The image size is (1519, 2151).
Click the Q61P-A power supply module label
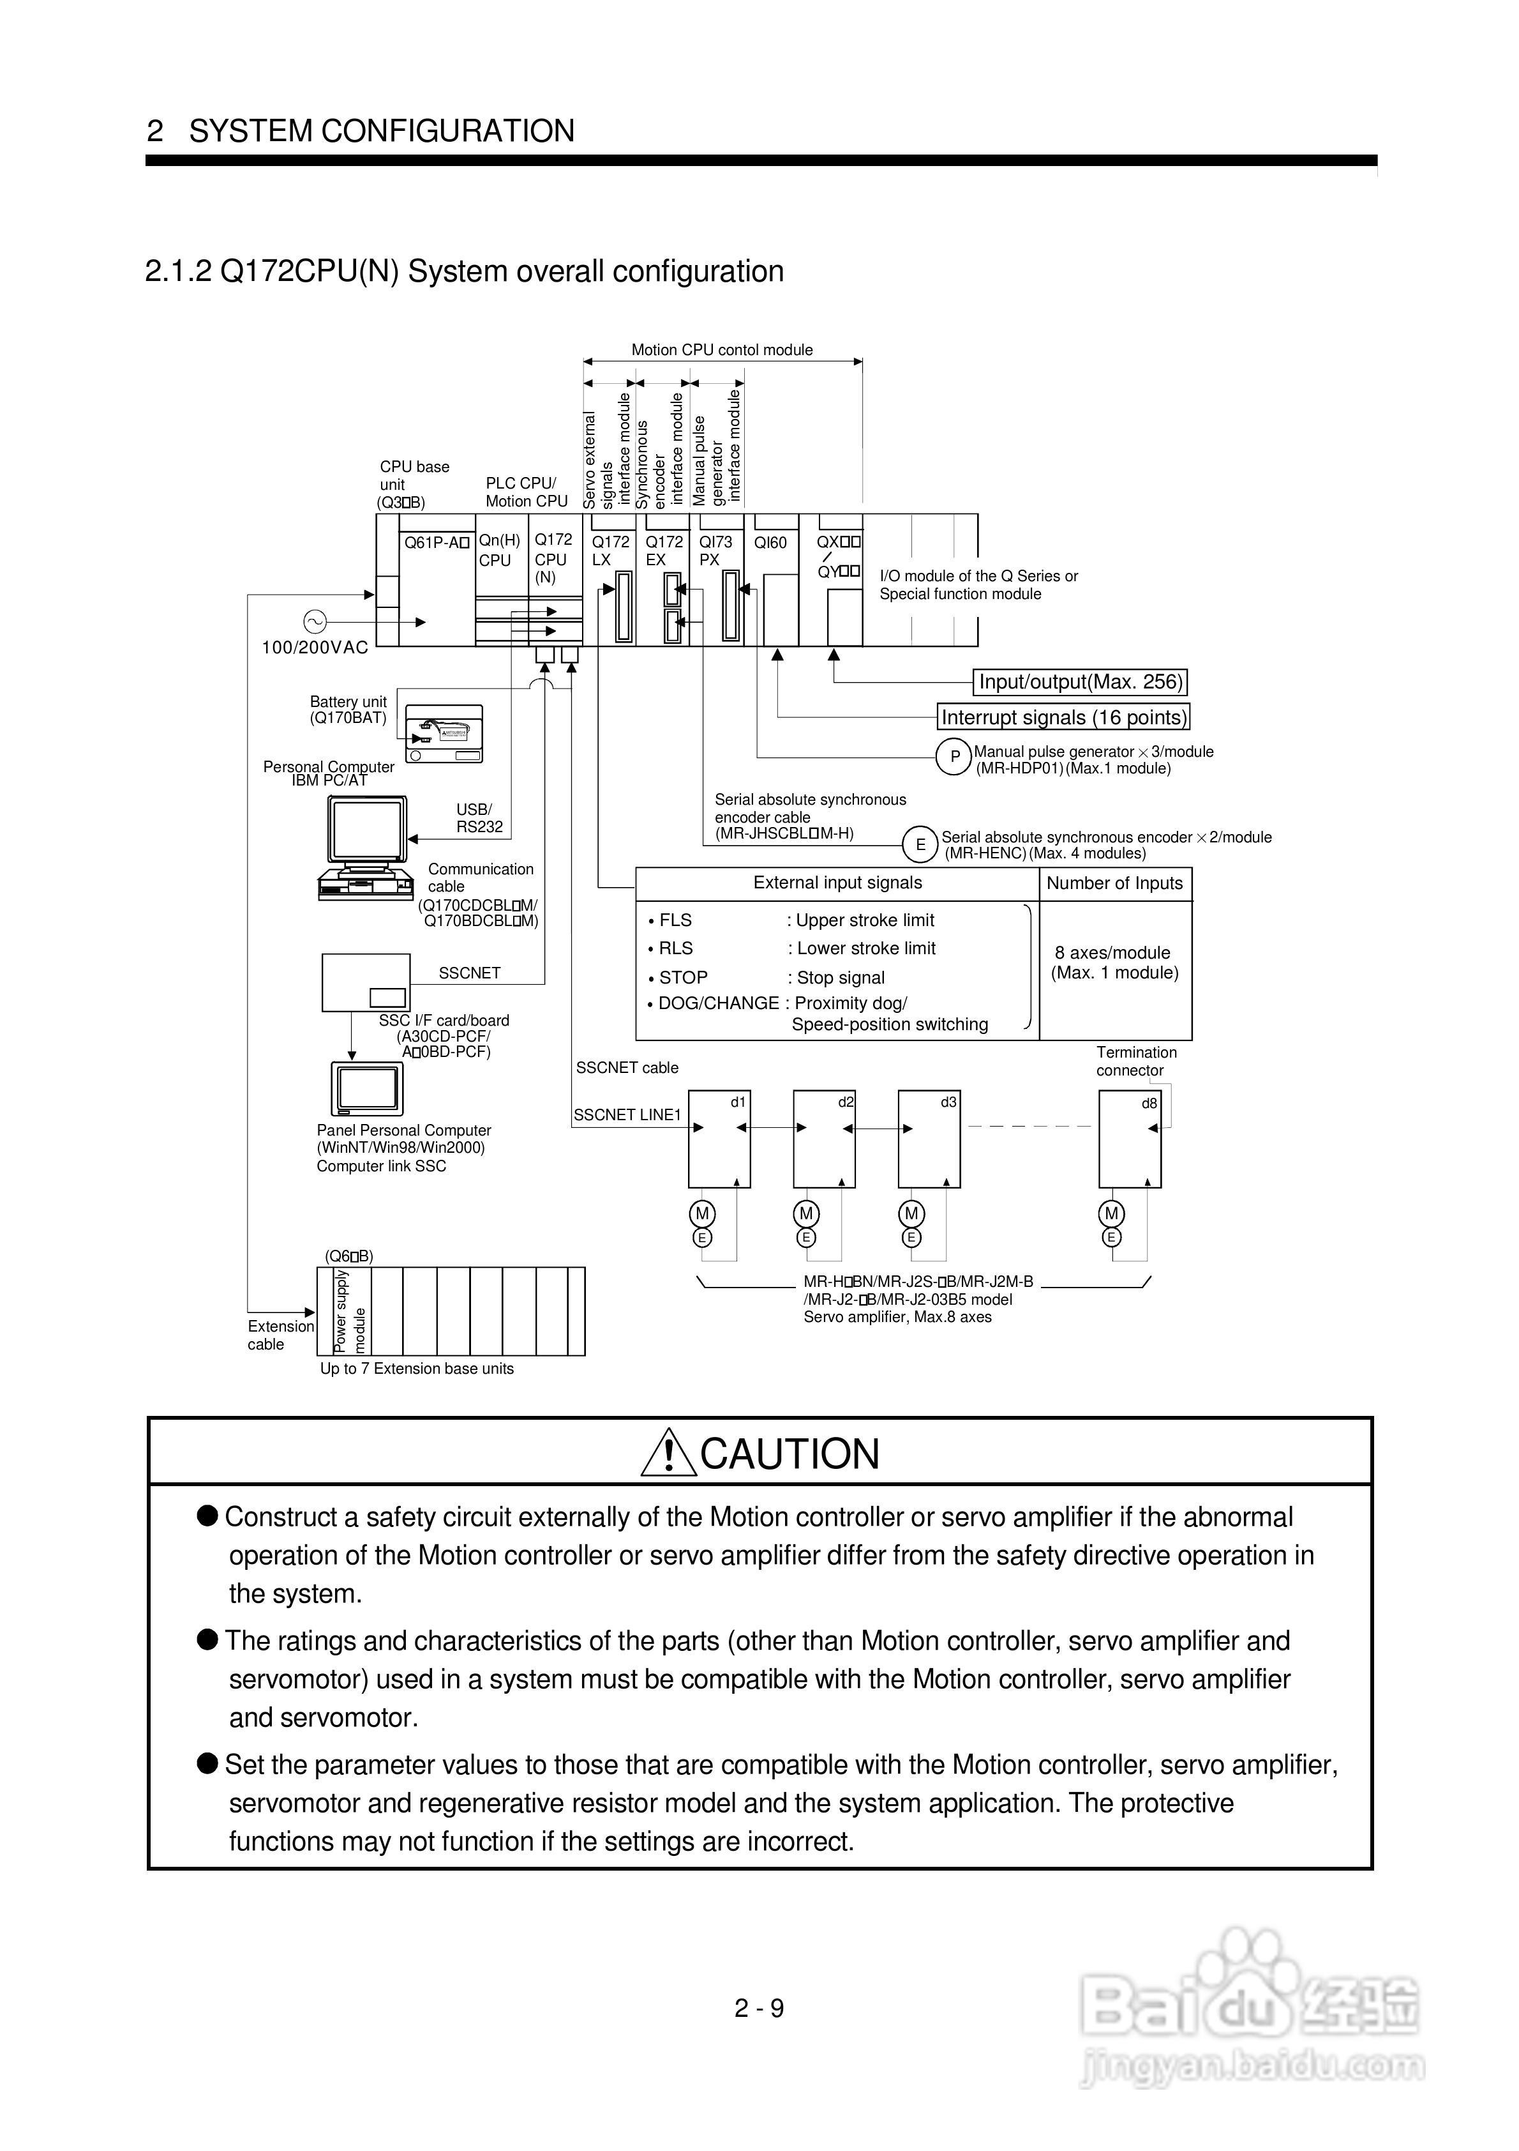[435, 542]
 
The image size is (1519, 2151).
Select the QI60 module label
[771, 542]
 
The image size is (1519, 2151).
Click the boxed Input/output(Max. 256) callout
[1081, 682]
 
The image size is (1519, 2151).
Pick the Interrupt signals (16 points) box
[1064, 718]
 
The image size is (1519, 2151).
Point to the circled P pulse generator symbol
[954, 757]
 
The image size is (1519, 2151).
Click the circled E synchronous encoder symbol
[920, 845]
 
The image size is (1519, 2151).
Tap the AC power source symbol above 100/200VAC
[314, 621]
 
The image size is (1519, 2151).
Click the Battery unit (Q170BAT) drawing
[444, 734]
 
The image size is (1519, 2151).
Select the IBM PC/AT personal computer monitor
[367, 830]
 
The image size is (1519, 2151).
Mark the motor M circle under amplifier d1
[702, 1214]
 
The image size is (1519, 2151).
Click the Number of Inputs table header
[1114, 883]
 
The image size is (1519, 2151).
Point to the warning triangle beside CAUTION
[669, 1454]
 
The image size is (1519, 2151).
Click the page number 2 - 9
[759, 2008]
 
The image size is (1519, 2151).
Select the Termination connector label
[1136, 1061]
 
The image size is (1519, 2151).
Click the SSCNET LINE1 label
[627, 1115]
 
